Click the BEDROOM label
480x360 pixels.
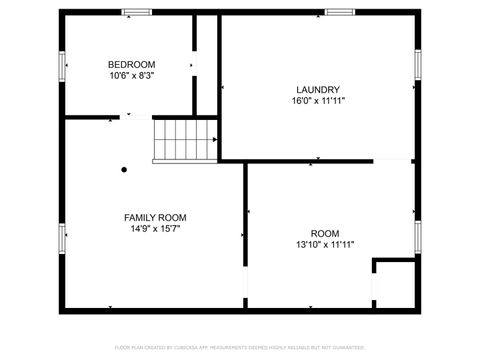132,64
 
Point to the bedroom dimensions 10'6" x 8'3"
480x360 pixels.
132,75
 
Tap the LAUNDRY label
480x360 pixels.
318,89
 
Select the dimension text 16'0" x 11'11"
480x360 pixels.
318,100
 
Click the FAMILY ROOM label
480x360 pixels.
154,217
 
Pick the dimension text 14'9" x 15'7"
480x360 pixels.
154,228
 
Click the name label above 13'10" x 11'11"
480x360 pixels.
325,232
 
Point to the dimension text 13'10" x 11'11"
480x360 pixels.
325,243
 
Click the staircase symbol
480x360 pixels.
183,139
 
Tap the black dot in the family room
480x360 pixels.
124,170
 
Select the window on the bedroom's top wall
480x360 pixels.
135,12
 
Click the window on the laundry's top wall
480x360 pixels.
338,12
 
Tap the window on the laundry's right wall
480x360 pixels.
417,64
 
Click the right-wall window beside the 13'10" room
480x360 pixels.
417,238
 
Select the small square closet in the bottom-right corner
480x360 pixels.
393,286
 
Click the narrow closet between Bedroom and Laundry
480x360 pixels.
206,65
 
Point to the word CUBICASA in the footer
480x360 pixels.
194,347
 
